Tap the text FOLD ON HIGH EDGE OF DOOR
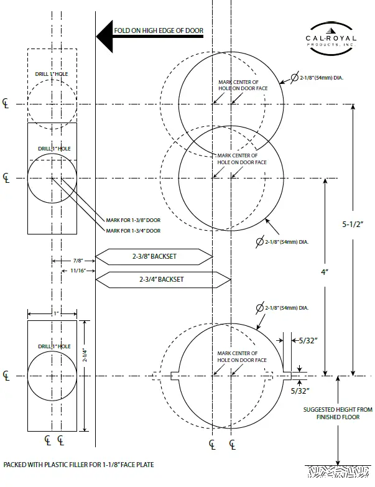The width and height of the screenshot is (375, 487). pos(159,30)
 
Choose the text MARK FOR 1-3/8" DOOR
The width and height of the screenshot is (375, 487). pos(133,220)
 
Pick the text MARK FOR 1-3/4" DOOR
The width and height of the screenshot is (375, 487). pos(133,231)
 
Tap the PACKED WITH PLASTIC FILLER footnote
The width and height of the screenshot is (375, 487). pos(78,465)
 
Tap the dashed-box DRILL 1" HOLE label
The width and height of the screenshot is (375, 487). pos(52,75)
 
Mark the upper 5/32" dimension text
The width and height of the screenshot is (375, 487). pos(308,340)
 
